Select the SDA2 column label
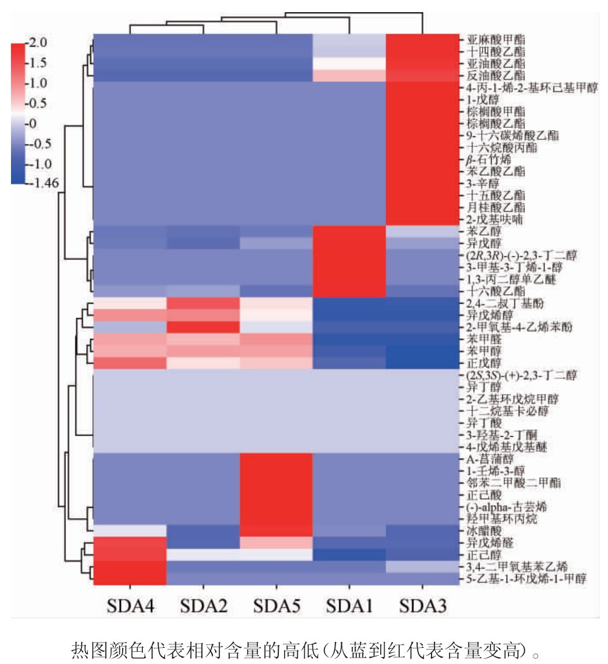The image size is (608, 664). tap(202, 606)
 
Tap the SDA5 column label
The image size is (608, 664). tap(276, 606)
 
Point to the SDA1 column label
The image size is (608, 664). tap(349, 606)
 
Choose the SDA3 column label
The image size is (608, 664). tap(422, 606)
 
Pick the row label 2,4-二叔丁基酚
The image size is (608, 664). tap(503, 303)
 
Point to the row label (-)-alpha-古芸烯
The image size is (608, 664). tap(507, 507)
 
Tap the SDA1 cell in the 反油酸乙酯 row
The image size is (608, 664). tap(349, 75)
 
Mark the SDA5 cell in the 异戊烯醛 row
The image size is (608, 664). tap(276, 543)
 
